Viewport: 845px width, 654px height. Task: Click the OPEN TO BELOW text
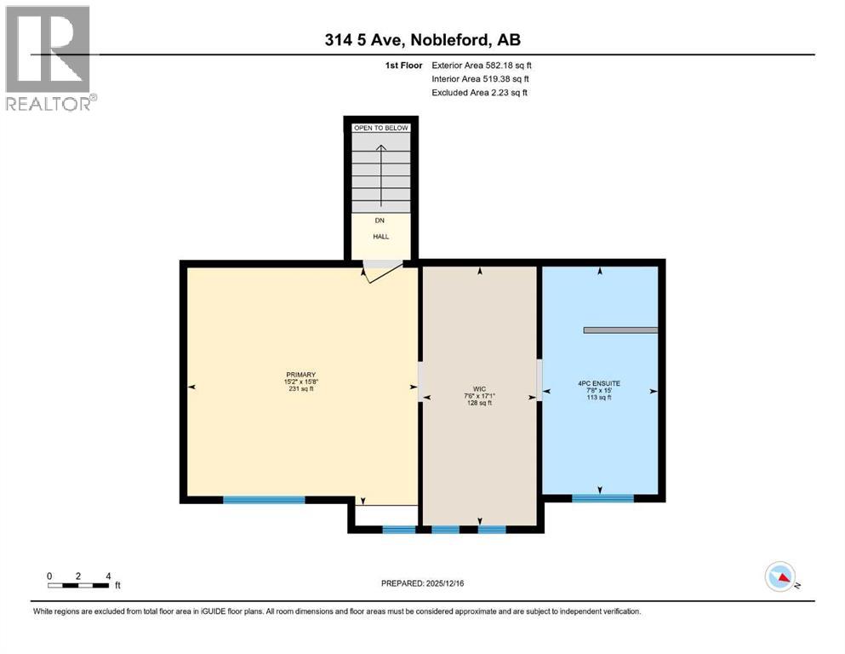(x=381, y=128)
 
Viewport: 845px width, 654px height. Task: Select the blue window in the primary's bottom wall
(x=264, y=500)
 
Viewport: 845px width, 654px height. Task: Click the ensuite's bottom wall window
(x=602, y=498)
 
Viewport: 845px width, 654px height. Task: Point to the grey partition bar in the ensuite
(x=620, y=330)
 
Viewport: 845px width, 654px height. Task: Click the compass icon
(x=780, y=577)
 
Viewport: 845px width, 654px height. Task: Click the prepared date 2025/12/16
(x=422, y=583)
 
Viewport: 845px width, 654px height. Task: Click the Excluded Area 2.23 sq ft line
(x=479, y=92)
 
